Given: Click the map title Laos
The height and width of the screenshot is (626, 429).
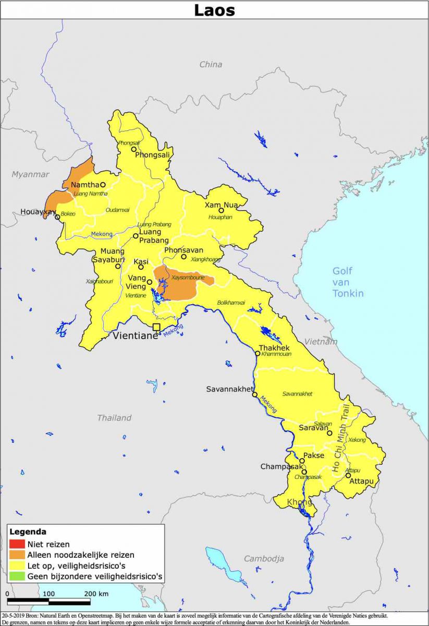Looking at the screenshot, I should [x=214, y=10].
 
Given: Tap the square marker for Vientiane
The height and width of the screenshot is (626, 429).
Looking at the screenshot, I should [x=156, y=327].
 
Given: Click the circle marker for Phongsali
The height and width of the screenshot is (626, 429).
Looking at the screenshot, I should [x=133, y=149].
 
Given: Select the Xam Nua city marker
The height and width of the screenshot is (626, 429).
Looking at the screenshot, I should [x=221, y=211].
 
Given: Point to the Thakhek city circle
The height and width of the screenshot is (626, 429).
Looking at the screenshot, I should [x=258, y=354].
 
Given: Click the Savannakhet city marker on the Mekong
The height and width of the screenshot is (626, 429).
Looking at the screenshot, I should [x=255, y=394].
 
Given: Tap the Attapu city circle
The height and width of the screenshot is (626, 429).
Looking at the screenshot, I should [x=348, y=475].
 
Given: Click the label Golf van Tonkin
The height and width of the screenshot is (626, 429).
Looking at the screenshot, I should [x=348, y=282].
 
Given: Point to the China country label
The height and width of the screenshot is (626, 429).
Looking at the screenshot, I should [x=211, y=64].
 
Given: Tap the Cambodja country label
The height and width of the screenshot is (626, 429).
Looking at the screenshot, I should [x=264, y=559].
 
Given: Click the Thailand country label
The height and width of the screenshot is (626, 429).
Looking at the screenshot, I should [x=114, y=418].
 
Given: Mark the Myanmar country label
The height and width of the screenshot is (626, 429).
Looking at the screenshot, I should [x=30, y=174].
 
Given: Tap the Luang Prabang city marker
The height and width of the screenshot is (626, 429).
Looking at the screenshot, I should [x=136, y=236].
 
